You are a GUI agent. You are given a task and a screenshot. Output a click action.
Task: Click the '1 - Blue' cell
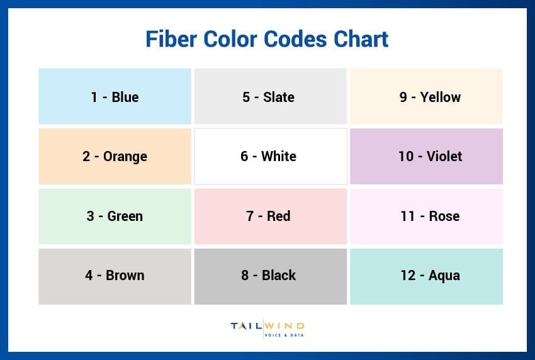115,96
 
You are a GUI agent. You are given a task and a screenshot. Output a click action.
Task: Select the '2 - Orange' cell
115,156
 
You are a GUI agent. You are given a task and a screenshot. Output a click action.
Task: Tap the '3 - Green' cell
115,216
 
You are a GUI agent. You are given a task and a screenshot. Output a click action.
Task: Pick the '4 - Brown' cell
115,276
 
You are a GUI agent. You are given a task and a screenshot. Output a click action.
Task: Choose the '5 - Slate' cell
270,96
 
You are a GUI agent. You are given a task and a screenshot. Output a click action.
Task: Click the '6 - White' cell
270,156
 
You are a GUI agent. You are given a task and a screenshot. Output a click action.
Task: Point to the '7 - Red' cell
270,216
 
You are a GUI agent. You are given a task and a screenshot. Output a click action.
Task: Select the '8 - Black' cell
270,276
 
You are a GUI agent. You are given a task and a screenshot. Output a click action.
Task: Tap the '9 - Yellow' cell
426,96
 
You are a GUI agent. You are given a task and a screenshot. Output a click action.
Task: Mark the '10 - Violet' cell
426,156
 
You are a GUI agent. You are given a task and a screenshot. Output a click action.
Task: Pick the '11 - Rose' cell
426,216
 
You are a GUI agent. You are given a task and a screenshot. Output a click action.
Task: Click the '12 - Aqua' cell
426,276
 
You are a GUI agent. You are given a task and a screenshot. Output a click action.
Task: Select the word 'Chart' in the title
360,39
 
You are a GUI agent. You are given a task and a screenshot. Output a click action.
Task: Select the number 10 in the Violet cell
406,156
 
